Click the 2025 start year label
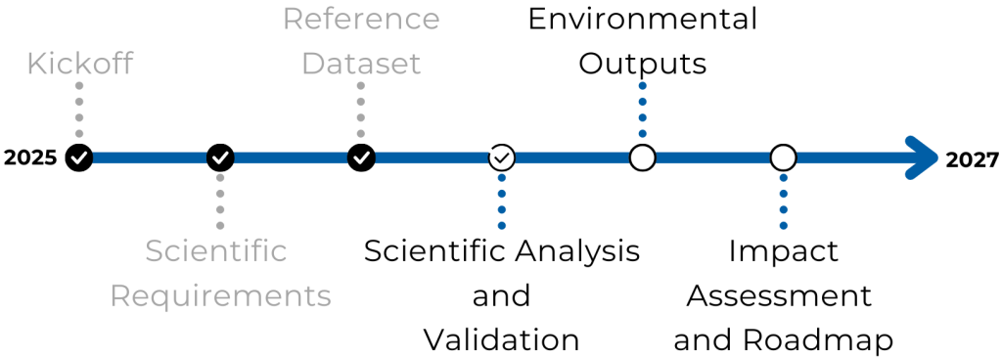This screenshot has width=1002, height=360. [x=30, y=157]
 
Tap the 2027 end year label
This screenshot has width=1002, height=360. [x=972, y=159]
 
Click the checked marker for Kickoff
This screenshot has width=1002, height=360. [x=79, y=157]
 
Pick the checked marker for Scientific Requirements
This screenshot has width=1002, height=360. [x=220, y=157]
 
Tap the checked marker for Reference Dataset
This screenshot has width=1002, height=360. [x=361, y=157]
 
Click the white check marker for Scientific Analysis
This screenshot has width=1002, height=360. [x=502, y=157]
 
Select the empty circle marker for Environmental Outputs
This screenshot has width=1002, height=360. [x=642, y=157]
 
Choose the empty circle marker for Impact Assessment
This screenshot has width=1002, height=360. [x=783, y=157]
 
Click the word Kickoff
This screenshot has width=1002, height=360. [x=79, y=65]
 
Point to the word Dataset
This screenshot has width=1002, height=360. [x=361, y=65]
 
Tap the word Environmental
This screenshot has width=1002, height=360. [x=642, y=19]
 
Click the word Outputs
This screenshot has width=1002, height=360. [x=642, y=65]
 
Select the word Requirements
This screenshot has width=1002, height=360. [x=220, y=295]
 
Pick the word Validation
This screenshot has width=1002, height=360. [x=502, y=340]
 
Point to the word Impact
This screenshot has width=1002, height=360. [x=783, y=251]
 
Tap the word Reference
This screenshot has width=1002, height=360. [x=361, y=19]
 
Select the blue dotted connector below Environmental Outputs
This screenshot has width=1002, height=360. [x=642, y=111]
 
